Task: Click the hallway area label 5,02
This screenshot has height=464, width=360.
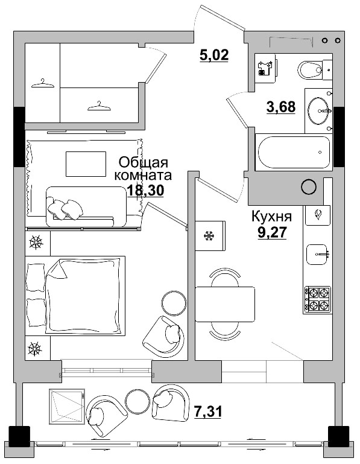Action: click(x=214, y=56)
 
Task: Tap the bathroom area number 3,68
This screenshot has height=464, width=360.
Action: click(x=281, y=107)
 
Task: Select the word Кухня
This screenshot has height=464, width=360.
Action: click(x=271, y=217)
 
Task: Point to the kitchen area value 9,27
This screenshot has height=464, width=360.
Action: click(x=272, y=232)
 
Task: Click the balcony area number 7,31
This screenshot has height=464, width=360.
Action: click(x=208, y=412)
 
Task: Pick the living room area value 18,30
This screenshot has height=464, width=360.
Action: click(x=145, y=191)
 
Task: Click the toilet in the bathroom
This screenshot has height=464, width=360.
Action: click(x=314, y=70)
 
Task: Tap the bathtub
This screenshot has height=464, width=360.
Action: click(x=294, y=152)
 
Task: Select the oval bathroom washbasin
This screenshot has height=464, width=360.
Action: click(x=318, y=110)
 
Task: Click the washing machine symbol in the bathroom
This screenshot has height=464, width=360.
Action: click(x=266, y=68)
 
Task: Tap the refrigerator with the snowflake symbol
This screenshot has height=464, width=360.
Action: click(x=210, y=235)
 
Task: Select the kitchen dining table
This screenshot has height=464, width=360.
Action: click(x=225, y=304)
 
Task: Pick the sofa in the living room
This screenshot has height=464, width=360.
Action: click(x=86, y=206)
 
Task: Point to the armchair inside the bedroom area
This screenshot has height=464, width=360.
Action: click(x=163, y=337)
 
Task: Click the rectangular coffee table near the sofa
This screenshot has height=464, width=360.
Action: click(x=86, y=164)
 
